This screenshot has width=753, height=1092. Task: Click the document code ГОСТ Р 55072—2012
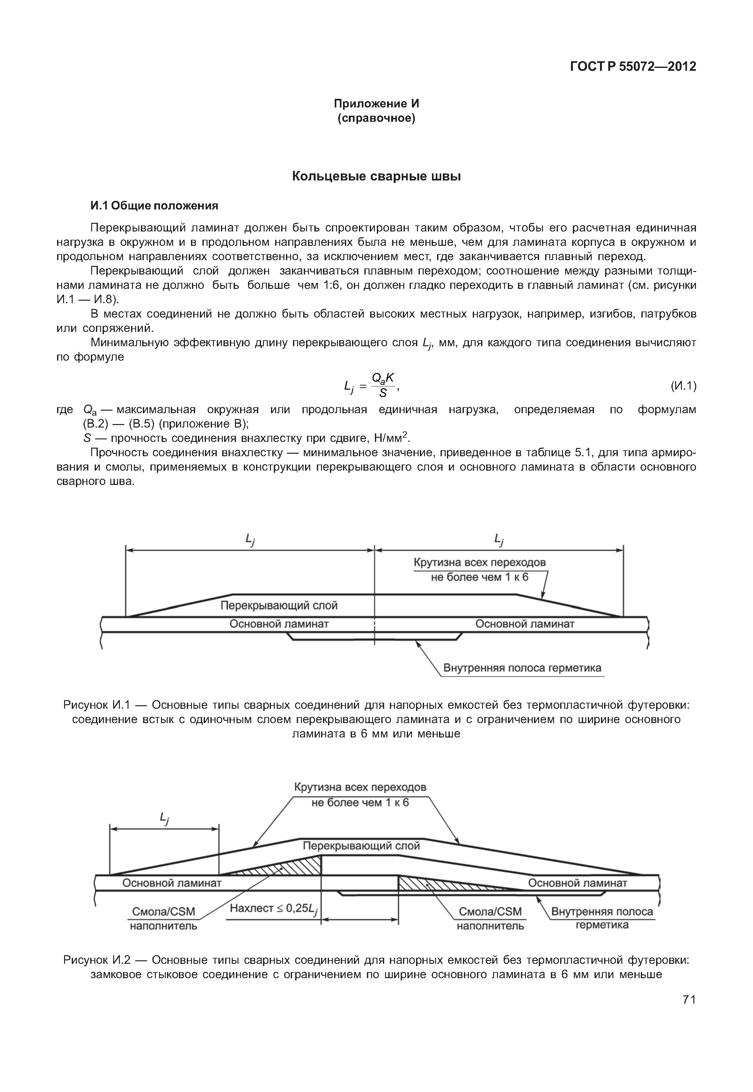[x=633, y=67]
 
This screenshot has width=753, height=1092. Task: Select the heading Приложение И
[x=376, y=103]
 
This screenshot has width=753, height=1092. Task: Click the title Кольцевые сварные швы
[x=376, y=177]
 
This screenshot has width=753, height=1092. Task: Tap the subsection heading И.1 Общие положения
[x=154, y=206]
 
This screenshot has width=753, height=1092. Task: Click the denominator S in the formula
[x=383, y=393]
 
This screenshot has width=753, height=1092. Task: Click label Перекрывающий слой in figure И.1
[x=279, y=605]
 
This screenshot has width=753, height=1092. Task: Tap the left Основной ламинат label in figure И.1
[x=279, y=624]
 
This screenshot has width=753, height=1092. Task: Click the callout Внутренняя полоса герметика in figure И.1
[x=522, y=668]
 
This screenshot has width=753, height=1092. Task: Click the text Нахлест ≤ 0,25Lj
[x=274, y=908]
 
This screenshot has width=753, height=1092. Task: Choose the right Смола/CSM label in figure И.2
[x=490, y=912]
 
